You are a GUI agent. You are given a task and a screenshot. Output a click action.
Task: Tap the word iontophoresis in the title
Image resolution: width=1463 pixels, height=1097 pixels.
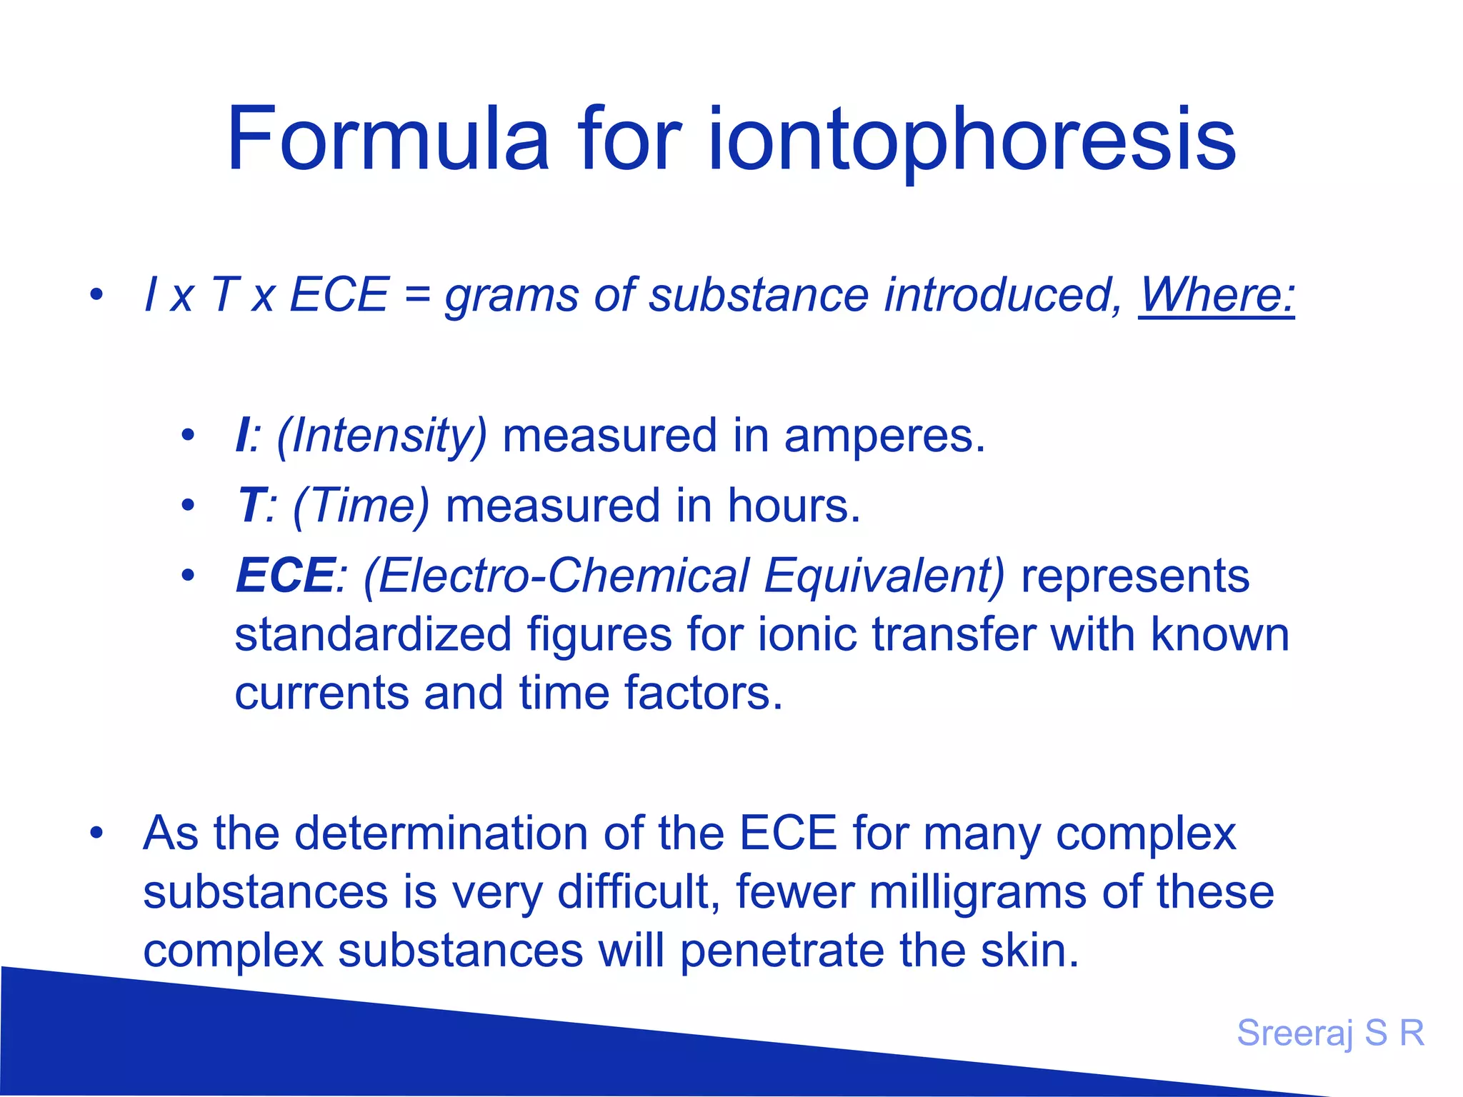[x=972, y=139]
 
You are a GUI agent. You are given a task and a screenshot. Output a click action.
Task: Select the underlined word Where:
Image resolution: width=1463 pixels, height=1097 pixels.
[x=1216, y=294]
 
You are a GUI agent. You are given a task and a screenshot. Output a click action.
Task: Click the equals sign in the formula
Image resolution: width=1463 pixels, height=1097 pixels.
[x=416, y=294]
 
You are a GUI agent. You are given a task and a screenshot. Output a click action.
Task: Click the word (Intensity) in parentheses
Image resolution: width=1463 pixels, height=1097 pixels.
[x=381, y=436]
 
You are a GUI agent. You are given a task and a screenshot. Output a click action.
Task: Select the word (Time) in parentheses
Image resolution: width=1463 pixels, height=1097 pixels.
[x=361, y=506]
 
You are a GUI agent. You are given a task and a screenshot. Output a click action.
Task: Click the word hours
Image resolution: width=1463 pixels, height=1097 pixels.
[x=794, y=506]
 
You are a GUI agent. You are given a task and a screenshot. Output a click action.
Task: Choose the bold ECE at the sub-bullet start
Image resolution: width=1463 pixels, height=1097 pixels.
[x=284, y=575]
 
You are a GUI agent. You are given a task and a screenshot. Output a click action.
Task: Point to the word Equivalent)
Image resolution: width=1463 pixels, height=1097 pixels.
[x=884, y=575]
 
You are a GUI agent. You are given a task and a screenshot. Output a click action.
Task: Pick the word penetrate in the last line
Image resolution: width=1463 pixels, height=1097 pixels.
[x=782, y=951]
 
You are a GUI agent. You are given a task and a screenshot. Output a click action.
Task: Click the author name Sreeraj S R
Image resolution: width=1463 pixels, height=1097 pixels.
[x=1330, y=1033]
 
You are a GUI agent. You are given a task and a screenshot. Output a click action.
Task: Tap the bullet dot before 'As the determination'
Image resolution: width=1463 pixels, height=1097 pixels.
[x=96, y=833]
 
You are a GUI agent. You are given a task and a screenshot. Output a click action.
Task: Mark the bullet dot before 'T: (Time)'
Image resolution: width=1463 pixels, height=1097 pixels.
[x=188, y=506]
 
